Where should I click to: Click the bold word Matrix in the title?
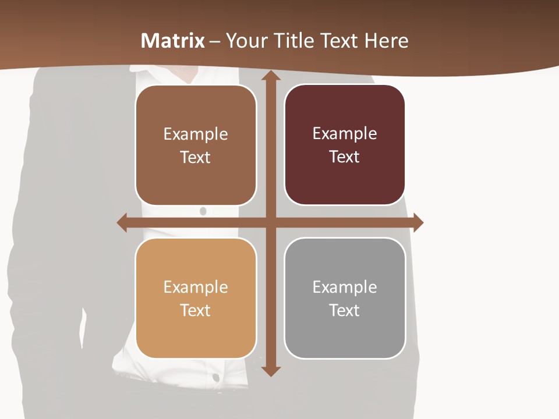[x=173, y=41]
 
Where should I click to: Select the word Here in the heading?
[x=386, y=41]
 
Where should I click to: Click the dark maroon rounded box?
[x=345, y=145]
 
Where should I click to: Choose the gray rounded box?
[x=345, y=298]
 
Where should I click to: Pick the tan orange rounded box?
[x=196, y=298]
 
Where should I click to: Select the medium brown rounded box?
[x=196, y=145]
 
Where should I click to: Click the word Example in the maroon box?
[x=345, y=134]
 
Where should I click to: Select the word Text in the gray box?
[x=345, y=310]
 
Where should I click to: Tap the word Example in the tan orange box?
[x=196, y=287]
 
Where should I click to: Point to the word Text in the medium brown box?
[x=196, y=157]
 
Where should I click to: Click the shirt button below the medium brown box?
[x=203, y=211]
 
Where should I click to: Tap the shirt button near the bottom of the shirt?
[x=216, y=378]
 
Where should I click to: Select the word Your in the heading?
[x=245, y=41]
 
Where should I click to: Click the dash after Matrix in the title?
[x=215, y=41]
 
